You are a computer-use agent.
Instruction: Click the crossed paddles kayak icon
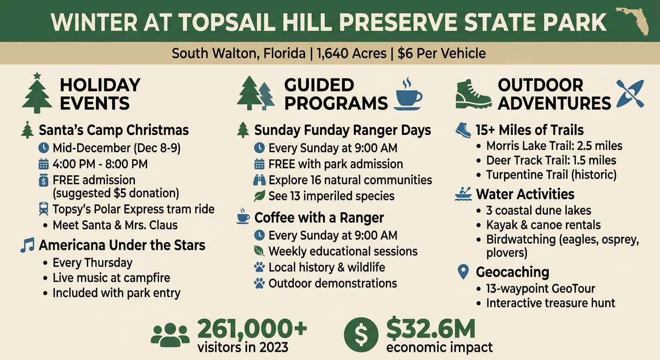point(630,94)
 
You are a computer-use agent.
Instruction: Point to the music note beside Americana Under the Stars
point(28,245)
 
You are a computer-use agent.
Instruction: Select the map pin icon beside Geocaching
point(463,272)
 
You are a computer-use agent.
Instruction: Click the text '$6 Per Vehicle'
point(442,53)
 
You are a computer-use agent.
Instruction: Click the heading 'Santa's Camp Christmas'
point(113,130)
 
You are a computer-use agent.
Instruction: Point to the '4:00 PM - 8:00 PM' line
point(100,164)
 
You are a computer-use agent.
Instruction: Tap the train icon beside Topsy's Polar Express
point(43,209)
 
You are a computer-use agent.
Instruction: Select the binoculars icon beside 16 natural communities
point(259,180)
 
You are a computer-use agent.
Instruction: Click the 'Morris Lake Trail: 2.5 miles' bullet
point(554,145)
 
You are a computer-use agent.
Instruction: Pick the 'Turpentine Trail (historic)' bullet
point(551,175)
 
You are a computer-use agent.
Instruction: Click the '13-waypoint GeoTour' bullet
point(540,288)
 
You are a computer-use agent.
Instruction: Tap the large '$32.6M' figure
point(431,330)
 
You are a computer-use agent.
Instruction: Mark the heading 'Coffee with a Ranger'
point(319,218)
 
